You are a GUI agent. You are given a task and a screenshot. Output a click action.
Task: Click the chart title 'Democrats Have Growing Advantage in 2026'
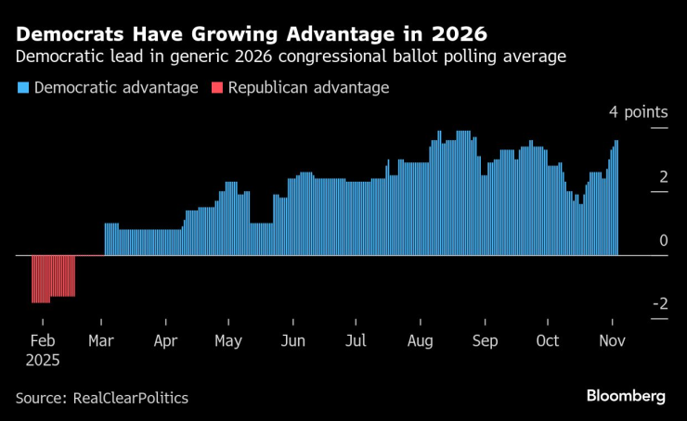251,34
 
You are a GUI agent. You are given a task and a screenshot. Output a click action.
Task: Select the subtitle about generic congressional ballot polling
292,58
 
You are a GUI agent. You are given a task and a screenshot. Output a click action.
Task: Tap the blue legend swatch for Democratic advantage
21,88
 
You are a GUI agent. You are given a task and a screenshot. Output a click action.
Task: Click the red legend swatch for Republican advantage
216,88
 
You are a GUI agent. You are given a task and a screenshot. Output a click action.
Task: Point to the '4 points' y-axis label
638,112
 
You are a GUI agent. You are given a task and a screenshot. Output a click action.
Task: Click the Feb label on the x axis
42,340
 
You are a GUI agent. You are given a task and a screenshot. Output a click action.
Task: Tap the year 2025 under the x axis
43,359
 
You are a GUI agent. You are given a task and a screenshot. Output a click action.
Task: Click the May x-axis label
228,340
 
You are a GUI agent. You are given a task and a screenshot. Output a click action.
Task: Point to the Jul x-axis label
356,340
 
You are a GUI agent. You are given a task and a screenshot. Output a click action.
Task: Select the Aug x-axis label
420,340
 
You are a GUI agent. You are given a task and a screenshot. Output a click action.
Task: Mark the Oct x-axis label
547,340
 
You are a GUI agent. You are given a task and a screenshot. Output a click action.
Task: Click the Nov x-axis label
612,340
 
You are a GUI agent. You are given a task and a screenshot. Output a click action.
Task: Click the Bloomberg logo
626,396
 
